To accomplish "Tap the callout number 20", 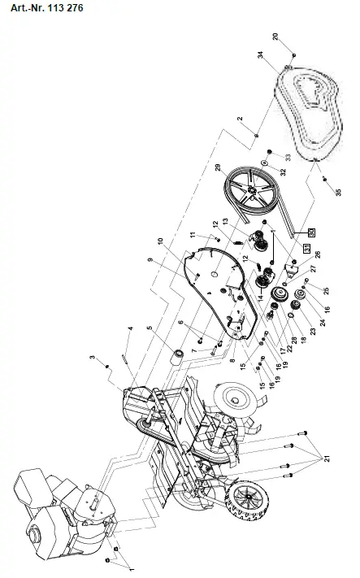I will [x=275, y=37].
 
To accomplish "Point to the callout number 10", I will [x=160, y=241].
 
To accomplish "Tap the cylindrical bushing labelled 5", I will [x=175, y=354].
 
